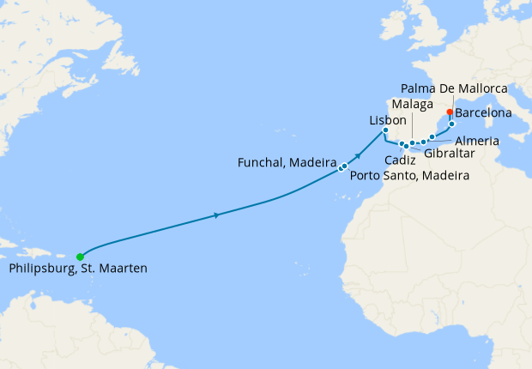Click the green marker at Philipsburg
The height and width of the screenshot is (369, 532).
[80, 256]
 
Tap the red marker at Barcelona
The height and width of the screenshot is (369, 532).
[450, 112]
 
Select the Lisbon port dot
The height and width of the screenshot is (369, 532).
[385, 130]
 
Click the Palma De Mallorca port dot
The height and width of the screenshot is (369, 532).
[451, 124]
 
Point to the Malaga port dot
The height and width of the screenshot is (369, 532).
[413, 143]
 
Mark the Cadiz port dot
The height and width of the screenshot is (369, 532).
[402, 143]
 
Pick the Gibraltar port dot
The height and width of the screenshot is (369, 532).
[407, 147]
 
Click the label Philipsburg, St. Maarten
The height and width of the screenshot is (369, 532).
[78, 269]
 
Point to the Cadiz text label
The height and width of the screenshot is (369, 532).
[401, 160]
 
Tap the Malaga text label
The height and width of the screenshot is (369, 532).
[414, 105]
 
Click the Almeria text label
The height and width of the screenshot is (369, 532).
[476, 140]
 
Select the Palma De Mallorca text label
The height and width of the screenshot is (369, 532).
[455, 88]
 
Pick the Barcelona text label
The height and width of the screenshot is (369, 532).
[484, 112]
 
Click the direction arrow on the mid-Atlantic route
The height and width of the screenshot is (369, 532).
[215, 215]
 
